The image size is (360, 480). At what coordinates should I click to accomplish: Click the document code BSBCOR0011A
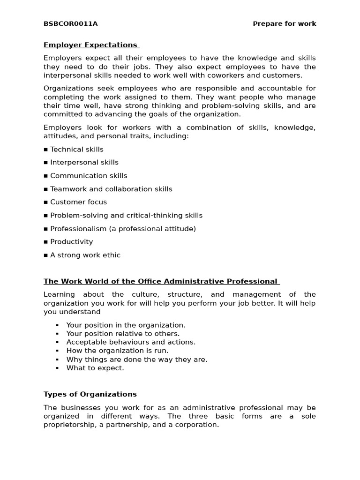[x=70, y=24]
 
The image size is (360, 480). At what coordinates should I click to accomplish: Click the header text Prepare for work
[x=284, y=24]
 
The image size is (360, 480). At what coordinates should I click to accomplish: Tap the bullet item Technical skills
[x=76, y=150]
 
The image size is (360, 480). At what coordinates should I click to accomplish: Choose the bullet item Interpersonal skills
[x=84, y=163]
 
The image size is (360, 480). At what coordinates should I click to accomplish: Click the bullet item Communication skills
[x=88, y=176]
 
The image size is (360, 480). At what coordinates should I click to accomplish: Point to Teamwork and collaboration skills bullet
[x=111, y=189]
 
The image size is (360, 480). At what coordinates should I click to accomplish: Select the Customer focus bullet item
[x=78, y=202]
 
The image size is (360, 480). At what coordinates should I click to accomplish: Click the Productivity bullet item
[x=71, y=242]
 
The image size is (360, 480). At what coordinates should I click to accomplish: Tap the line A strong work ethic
[x=85, y=255]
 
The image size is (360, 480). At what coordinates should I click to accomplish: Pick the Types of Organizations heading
[x=90, y=394]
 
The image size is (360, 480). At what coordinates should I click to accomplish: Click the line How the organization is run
[x=117, y=351]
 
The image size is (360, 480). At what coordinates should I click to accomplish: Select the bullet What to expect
[x=95, y=368]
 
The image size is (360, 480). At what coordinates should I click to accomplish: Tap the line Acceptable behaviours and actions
[x=131, y=342]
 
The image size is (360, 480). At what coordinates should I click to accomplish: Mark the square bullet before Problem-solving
[x=46, y=216]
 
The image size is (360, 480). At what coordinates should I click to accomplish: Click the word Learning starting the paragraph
[x=59, y=294]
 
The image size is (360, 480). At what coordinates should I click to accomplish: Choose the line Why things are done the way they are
[x=136, y=360]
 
